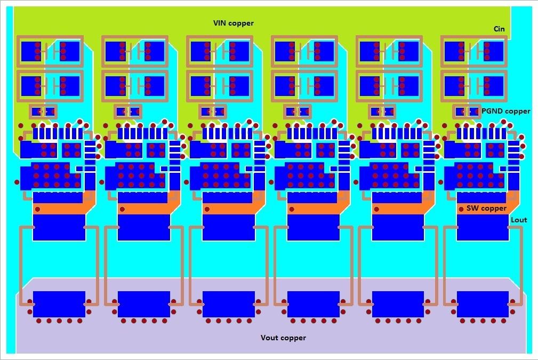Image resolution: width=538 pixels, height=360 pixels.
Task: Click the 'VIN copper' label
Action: [x=234, y=23]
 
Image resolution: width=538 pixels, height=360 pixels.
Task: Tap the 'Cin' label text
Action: [x=499, y=29]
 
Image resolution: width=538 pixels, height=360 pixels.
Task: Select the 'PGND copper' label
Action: [x=505, y=111]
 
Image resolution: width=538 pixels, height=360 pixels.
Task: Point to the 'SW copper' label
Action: [x=486, y=208]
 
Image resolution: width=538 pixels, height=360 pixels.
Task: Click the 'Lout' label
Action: [x=519, y=220]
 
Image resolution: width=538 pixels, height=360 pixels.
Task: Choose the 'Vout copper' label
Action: [x=283, y=338]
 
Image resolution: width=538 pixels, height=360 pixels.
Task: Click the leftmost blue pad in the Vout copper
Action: [x=59, y=304]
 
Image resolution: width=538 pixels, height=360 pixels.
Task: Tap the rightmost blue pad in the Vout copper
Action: [x=483, y=304]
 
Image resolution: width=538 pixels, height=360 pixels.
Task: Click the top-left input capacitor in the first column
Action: [x=50, y=51]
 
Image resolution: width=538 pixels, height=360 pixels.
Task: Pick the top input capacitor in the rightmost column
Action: [x=474, y=51]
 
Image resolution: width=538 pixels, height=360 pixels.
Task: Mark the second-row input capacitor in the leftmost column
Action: [x=50, y=84]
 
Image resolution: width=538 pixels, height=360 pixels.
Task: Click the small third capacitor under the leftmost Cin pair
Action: [x=43, y=112]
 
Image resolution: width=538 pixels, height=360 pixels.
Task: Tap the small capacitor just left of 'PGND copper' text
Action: [x=467, y=112]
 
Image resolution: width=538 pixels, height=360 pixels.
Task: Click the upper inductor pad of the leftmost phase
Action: [x=59, y=227]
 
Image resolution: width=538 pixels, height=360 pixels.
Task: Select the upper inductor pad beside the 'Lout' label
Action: [x=483, y=227]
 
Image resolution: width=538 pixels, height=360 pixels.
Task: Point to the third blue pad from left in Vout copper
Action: [x=228, y=304]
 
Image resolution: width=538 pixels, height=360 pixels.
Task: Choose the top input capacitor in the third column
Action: [x=220, y=51]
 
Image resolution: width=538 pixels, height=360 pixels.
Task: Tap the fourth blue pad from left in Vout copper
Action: [x=313, y=304]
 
